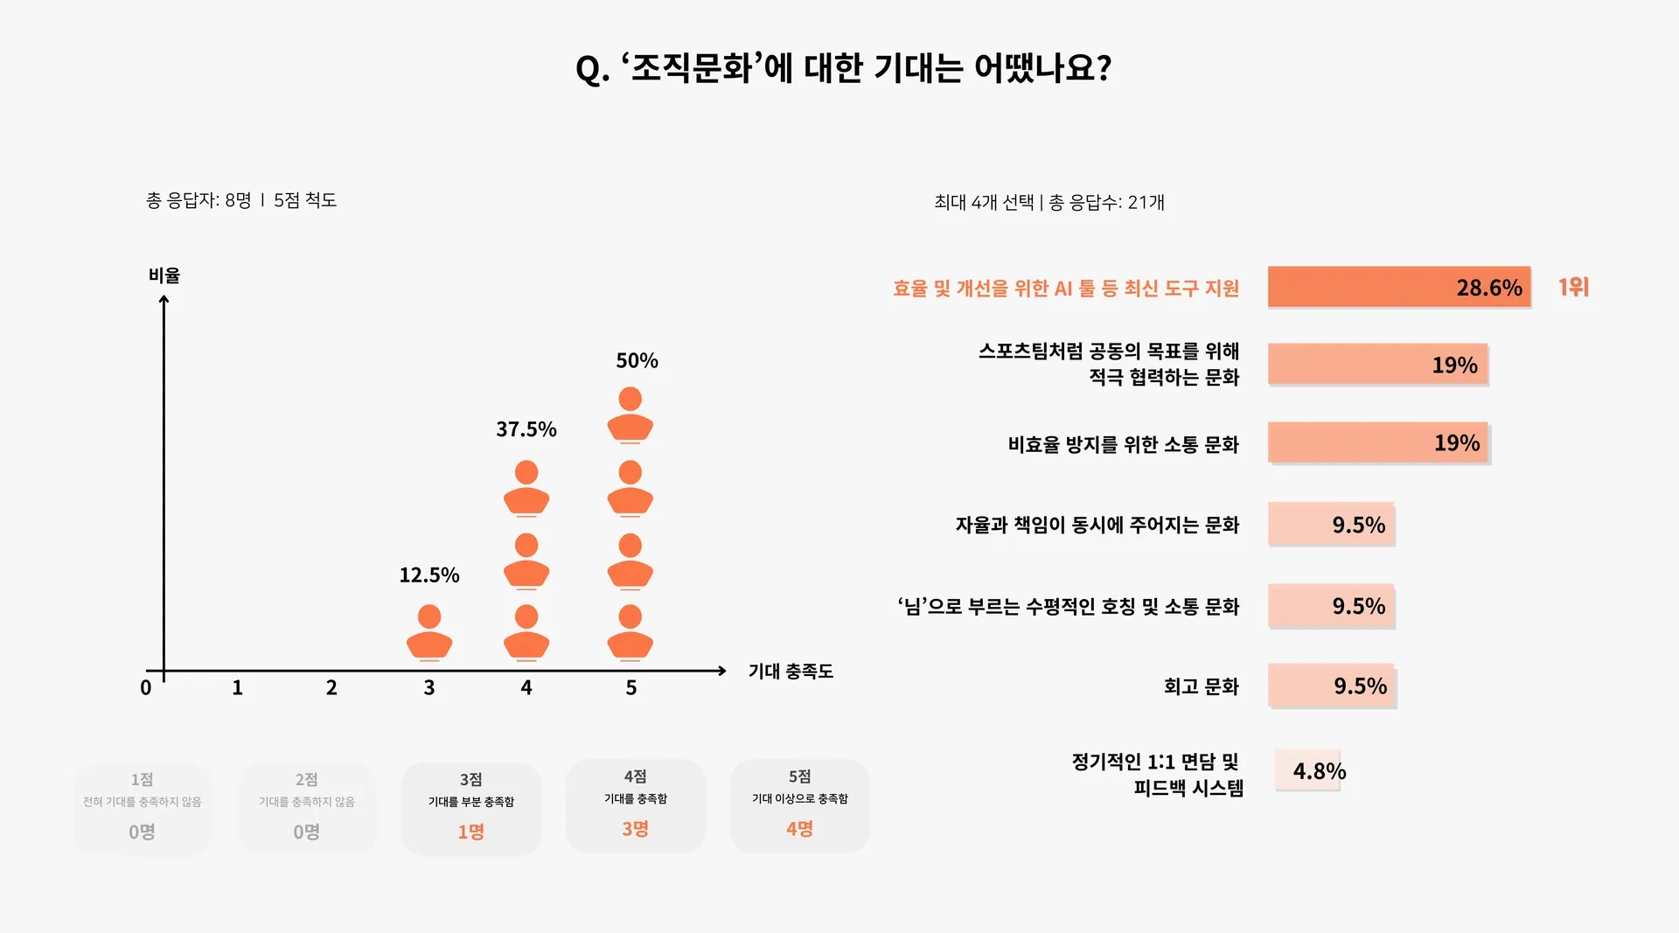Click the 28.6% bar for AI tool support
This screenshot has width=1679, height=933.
1398,287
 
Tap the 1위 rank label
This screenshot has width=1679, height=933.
1573,287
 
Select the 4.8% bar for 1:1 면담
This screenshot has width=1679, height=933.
1307,770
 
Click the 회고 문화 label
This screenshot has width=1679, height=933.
1201,686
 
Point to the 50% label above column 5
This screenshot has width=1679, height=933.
637,360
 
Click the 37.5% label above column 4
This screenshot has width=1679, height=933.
526,429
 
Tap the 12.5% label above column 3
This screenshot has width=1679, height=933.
428,574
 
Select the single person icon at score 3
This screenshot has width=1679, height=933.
429,631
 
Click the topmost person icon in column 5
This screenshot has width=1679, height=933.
630,414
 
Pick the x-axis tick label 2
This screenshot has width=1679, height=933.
331,688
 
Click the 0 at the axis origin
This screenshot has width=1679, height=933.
146,688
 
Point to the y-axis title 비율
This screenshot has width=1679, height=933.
164,275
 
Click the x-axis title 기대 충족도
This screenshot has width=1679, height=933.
791,672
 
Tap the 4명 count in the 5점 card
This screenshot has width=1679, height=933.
799,829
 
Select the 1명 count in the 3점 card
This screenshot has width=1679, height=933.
470,832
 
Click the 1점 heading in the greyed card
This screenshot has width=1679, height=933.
142,779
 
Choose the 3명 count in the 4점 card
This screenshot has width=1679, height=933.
635,829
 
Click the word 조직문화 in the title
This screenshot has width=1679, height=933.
691,68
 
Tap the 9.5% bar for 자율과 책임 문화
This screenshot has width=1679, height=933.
1330,525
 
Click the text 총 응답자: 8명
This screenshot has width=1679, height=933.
199,200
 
